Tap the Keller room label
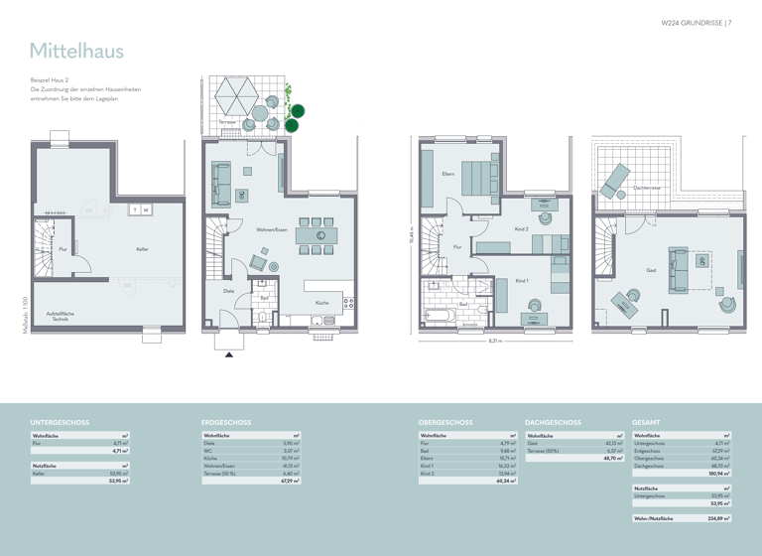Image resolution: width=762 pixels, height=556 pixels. (x=143, y=249)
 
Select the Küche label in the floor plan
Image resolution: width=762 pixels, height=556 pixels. (x=322, y=302)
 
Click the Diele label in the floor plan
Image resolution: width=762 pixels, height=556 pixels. (x=228, y=291)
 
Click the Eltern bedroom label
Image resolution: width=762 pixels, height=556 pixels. (x=447, y=175)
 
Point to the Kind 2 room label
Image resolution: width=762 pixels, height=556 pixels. (x=521, y=229)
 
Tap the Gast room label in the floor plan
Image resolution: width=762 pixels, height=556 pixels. (x=651, y=270)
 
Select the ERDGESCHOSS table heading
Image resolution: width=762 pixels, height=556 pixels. (x=225, y=422)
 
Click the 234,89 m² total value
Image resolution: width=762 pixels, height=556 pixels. (x=717, y=518)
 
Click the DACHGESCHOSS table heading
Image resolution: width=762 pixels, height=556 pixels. (x=553, y=422)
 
